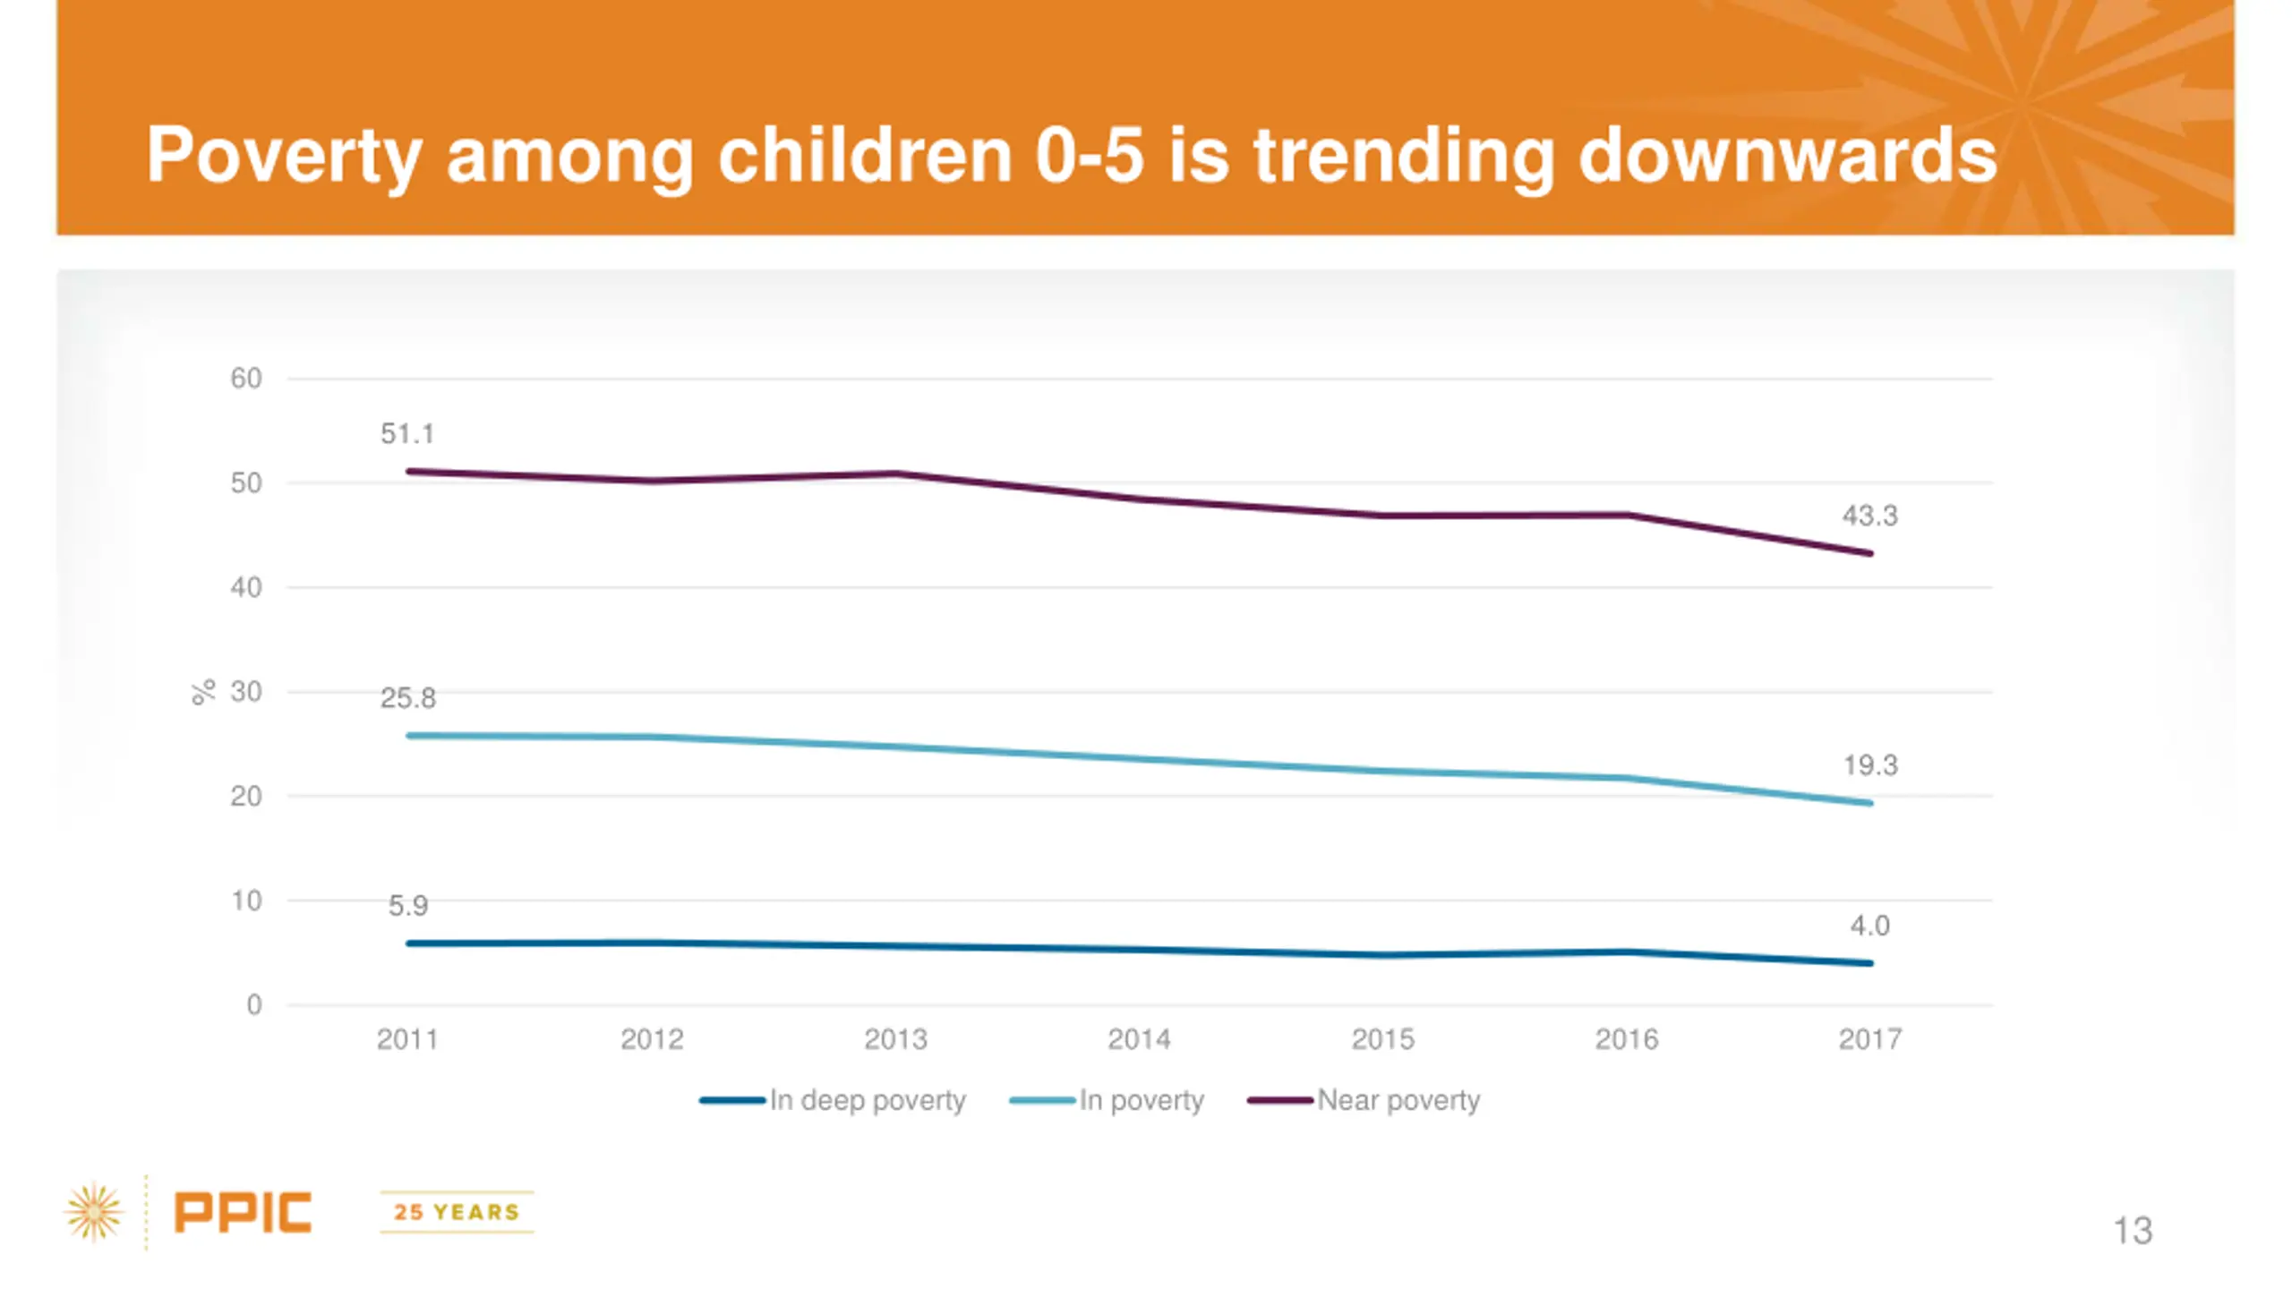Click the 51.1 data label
(407, 434)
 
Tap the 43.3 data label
(1869, 516)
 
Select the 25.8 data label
(408, 698)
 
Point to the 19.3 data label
(1869, 765)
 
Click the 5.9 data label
(408, 906)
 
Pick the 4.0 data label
(1869, 926)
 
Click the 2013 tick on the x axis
(895, 1039)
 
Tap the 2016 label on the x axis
(1626, 1039)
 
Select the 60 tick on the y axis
(246, 379)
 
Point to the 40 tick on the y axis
(246, 588)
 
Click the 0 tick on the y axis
(254, 1005)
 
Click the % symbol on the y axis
(204, 692)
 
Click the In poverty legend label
(1141, 1100)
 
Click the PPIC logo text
(243, 1213)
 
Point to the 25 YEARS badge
(457, 1212)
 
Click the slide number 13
(2133, 1231)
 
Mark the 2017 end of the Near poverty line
(1869, 553)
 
